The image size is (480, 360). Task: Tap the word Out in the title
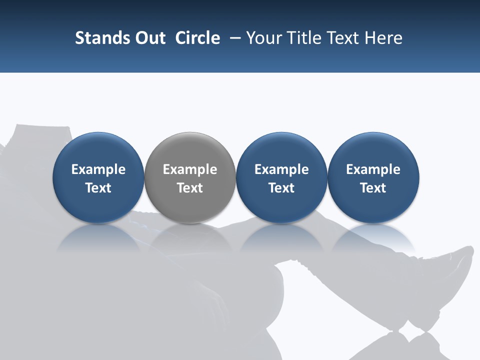pyautogui.click(x=148, y=38)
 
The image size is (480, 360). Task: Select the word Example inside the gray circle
pyautogui.click(x=190, y=169)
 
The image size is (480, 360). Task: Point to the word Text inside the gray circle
pyautogui.click(x=190, y=188)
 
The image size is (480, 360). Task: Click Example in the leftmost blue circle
pyautogui.click(x=98, y=169)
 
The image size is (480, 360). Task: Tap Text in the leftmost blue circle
pyautogui.click(x=98, y=188)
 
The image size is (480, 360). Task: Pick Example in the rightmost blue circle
pyautogui.click(x=373, y=169)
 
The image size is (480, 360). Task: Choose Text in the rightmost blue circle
pyautogui.click(x=373, y=188)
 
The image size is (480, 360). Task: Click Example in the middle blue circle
pyautogui.click(x=281, y=169)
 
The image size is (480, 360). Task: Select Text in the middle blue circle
pyautogui.click(x=281, y=188)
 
